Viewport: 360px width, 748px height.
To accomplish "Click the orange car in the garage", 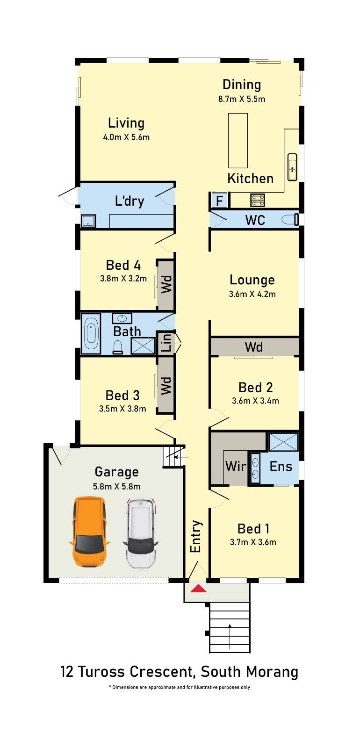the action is pyautogui.click(x=89, y=532).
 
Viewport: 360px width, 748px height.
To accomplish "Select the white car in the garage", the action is pyautogui.click(x=141, y=533).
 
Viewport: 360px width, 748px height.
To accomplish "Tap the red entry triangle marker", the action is pyautogui.click(x=198, y=588).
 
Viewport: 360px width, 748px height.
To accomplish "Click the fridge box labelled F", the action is pyautogui.click(x=219, y=201).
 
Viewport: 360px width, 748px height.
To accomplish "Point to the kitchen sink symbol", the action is pyautogui.click(x=292, y=168).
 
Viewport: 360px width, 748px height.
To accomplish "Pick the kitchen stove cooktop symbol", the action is pyautogui.click(x=258, y=200).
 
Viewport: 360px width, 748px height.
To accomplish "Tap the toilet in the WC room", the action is pyautogui.click(x=290, y=219).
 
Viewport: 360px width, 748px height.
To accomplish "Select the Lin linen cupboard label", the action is pyautogui.click(x=166, y=343).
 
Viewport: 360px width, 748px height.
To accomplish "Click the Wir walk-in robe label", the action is pyautogui.click(x=236, y=467).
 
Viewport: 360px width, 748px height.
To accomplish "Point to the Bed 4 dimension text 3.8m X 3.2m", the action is pyautogui.click(x=123, y=279).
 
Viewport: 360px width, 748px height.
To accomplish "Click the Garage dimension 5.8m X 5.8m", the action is pyautogui.click(x=116, y=486).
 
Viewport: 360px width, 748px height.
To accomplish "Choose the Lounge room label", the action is pyautogui.click(x=252, y=280).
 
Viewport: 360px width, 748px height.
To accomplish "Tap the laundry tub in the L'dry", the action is pyautogui.click(x=88, y=221).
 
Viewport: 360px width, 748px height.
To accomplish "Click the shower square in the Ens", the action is pyautogui.click(x=283, y=442).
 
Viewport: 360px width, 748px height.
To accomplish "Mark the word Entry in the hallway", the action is pyautogui.click(x=195, y=536).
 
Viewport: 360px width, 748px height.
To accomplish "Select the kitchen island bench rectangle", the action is pyautogui.click(x=238, y=141).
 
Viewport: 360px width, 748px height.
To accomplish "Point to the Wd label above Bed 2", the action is pyautogui.click(x=254, y=346).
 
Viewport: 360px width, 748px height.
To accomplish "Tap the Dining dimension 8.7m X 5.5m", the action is pyautogui.click(x=242, y=99).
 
